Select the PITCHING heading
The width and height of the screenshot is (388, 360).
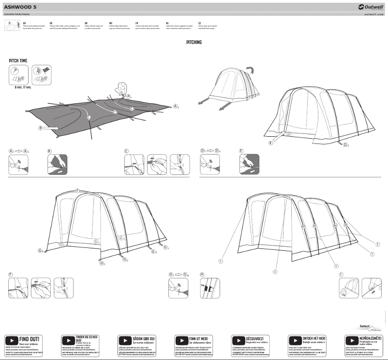click(x=194, y=43)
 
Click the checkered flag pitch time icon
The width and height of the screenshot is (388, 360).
click(x=42, y=75)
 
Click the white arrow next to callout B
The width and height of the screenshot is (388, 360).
click(x=51, y=128)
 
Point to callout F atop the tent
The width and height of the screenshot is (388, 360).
click(x=77, y=191)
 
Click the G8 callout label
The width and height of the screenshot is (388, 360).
click(x=41, y=251)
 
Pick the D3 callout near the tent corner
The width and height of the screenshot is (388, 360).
click(x=346, y=145)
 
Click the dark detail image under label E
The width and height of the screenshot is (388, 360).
click(x=250, y=164)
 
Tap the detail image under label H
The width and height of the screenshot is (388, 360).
click(x=209, y=288)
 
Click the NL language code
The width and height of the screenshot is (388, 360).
click(x=167, y=22)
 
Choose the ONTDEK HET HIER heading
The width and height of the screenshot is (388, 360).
click(x=313, y=338)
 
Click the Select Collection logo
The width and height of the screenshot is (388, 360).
click(x=368, y=327)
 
